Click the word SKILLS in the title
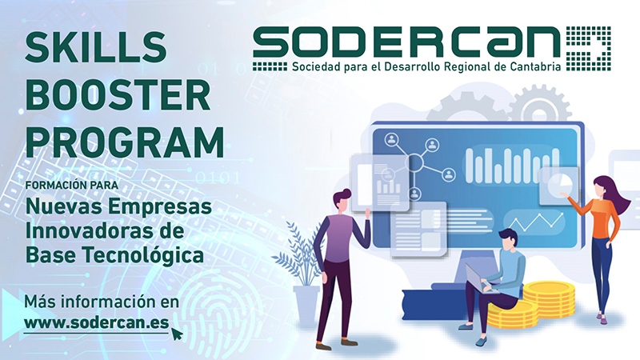pyautogui.click(x=96, y=47)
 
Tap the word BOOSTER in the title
pyautogui.click(x=118, y=95)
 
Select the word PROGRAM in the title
pyautogui.click(x=125, y=142)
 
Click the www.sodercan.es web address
pyautogui.click(x=96, y=322)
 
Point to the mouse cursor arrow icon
pyautogui.click(x=176, y=334)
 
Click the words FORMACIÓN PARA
pyautogui.click(x=72, y=185)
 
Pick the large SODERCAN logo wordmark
pyautogui.click(x=406, y=42)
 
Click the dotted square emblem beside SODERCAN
pyautogui.click(x=588, y=49)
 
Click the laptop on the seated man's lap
pyautogui.click(x=482, y=278)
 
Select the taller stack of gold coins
pyautogui.click(x=549, y=299)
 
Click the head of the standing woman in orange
pyautogui.click(x=603, y=188)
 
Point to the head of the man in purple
pyautogui.click(x=342, y=201)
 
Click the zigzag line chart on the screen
pyautogui.click(x=536, y=222)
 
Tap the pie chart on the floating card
pyautogui.click(x=559, y=186)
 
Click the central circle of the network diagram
pyautogui.click(x=415, y=163)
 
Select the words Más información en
pyautogui.click(x=102, y=302)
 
